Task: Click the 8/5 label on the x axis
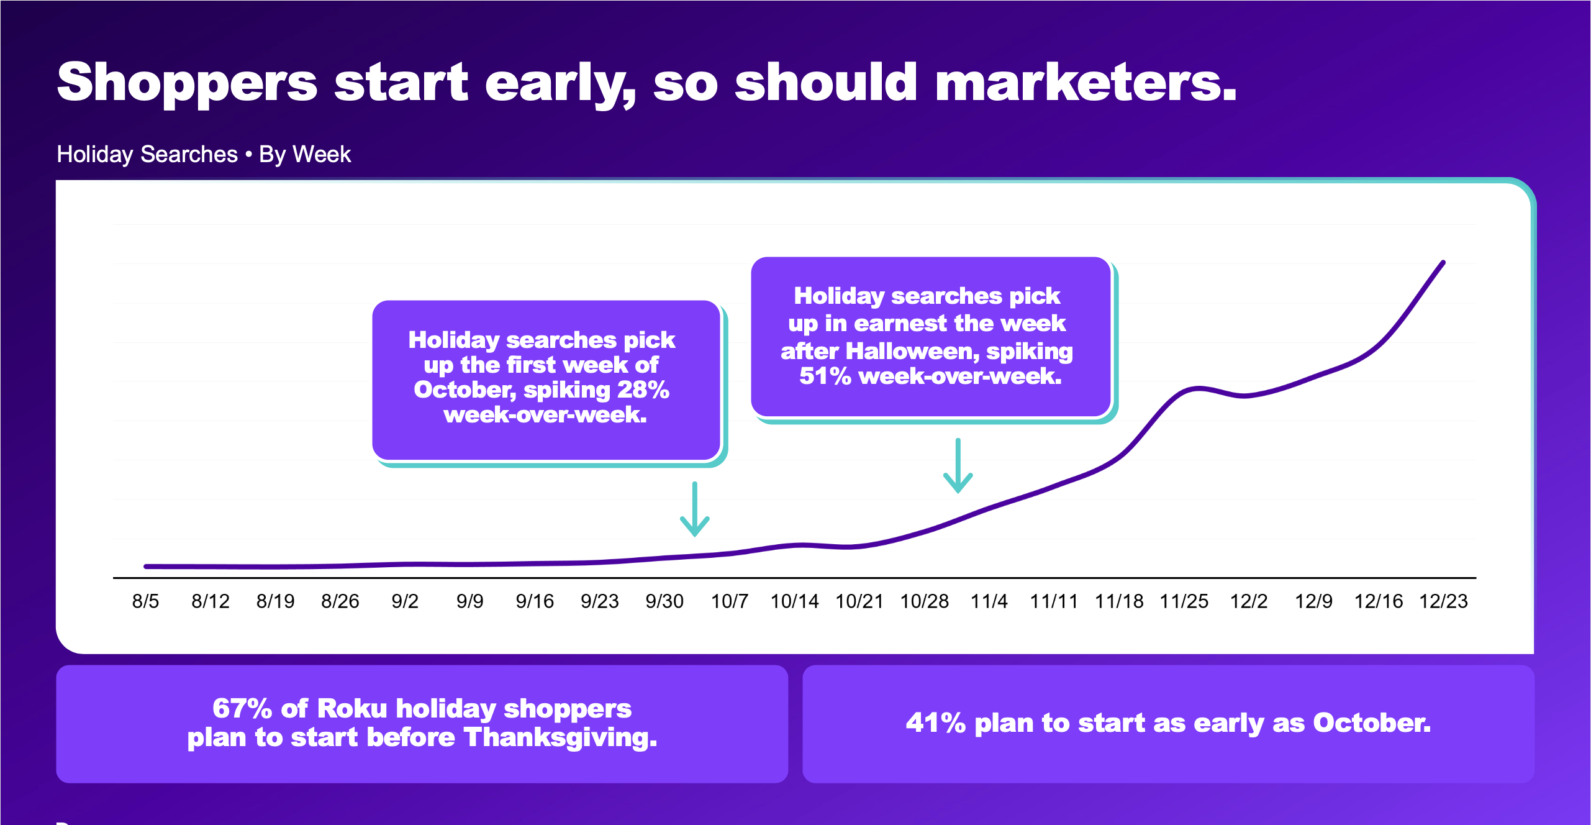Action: tap(145, 601)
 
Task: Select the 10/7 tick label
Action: tap(730, 601)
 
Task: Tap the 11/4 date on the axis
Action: tap(989, 601)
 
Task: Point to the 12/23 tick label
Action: tap(1444, 601)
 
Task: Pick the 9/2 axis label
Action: tap(405, 601)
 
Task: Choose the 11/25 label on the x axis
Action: tap(1184, 601)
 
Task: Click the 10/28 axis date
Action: tap(925, 601)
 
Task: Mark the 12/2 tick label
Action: tap(1249, 601)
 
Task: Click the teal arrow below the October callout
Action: tap(695, 509)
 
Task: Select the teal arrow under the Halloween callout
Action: tap(958, 465)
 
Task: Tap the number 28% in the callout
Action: tap(643, 390)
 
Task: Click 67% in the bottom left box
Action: tap(242, 708)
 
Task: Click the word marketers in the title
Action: tap(1086, 82)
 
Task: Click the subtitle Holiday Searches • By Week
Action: tap(204, 154)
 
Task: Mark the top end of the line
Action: tap(1443, 262)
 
